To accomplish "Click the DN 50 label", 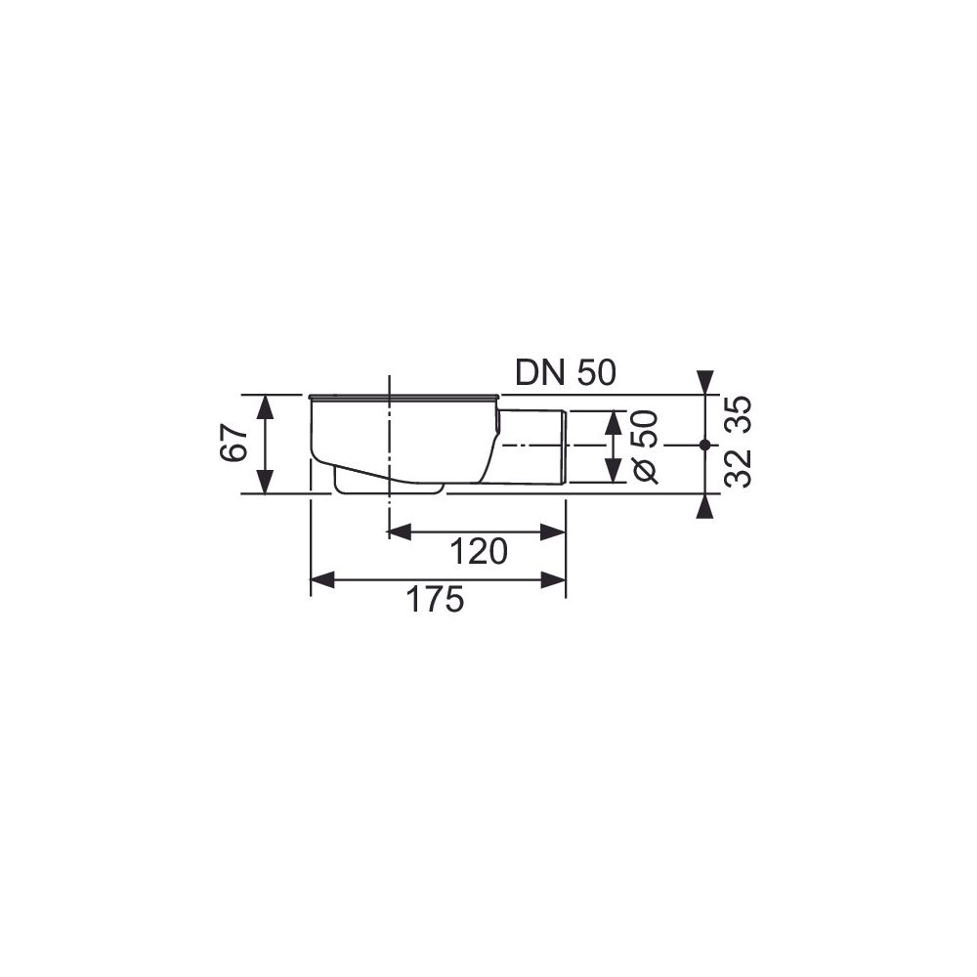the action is [x=565, y=373].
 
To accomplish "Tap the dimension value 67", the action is [x=234, y=444].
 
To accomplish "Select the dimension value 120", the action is [x=479, y=551].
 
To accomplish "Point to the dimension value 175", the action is [x=435, y=600].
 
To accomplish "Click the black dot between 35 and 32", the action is [x=704, y=445].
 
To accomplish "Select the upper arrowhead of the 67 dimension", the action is [x=266, y=407].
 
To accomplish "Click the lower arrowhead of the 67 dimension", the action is [x=266, y=482].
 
